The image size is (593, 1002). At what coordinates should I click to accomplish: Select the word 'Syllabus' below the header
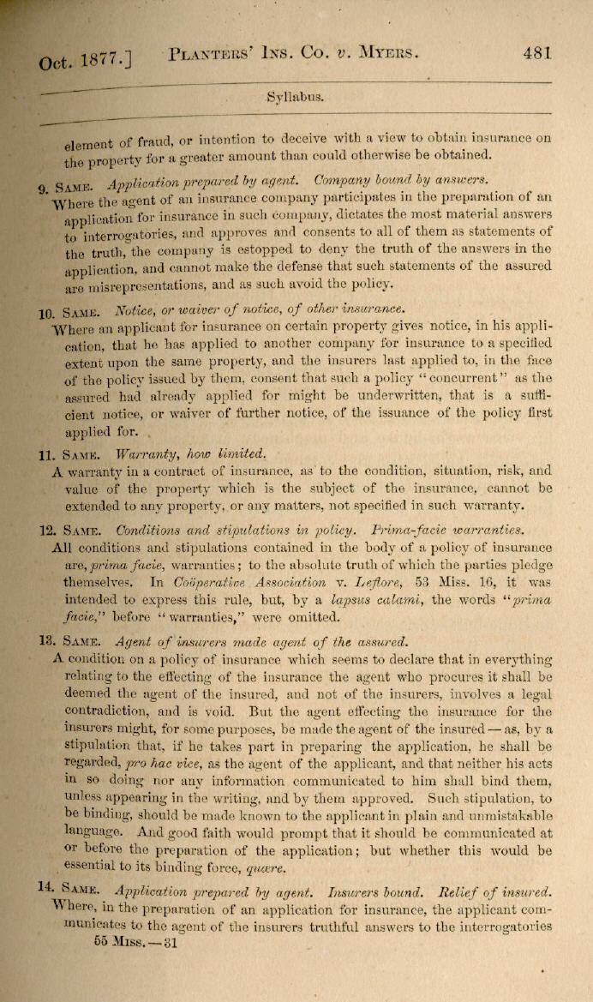click(x=296, y=97)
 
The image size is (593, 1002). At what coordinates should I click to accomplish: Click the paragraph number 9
click(x=44, y=189)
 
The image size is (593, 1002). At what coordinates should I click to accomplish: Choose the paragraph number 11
click(x=46, y=454)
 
